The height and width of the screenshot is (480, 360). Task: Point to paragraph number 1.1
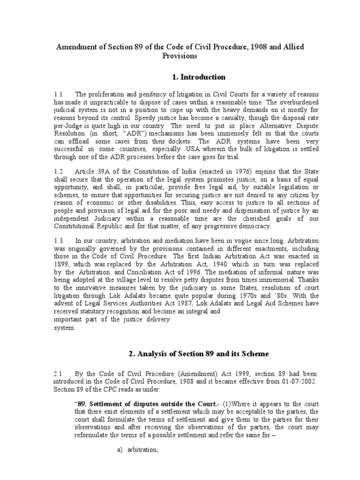pos(59,95)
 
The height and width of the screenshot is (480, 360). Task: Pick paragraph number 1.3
pos(59,240)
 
